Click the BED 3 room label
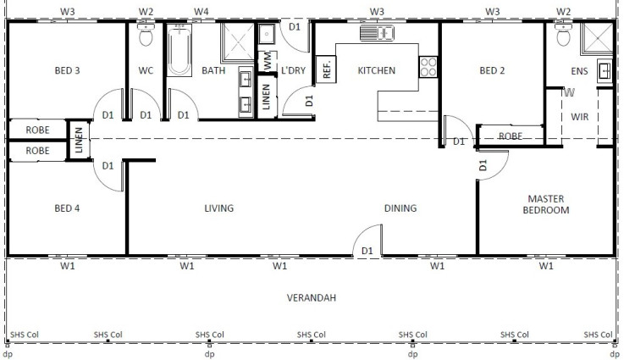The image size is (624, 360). click(x=67, y=70)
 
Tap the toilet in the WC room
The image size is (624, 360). click(x=146, y=34)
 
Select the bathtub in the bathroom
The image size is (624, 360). click(x=179, y=50)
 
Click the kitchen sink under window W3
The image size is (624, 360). click(x=377, y=33)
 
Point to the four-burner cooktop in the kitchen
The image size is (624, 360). click(x=428, y=67)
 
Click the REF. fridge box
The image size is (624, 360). click(x=326, y=69)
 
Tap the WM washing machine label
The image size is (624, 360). click(x=268, y=61)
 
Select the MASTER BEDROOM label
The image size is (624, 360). click(x=546, y=204)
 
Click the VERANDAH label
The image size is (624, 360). click(x=312, y=297)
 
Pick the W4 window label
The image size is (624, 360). click(x=201, y=12)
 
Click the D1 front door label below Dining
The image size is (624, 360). click(x=367, y=251)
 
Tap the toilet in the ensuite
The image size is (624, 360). click(x=563, y=34)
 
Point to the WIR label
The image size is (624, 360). click(x=579, y=117)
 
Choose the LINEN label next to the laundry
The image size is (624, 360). click(x=266, y=97)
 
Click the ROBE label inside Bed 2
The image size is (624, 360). click(x=511, y=136)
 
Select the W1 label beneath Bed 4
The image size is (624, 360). click(x=67, y=266)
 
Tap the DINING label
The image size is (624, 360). click(x=400, y=208)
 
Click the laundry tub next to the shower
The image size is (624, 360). click(x=266, y=34)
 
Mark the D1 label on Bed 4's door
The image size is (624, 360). click(x=108, y=165)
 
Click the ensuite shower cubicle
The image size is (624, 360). click(x=597, y=38)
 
